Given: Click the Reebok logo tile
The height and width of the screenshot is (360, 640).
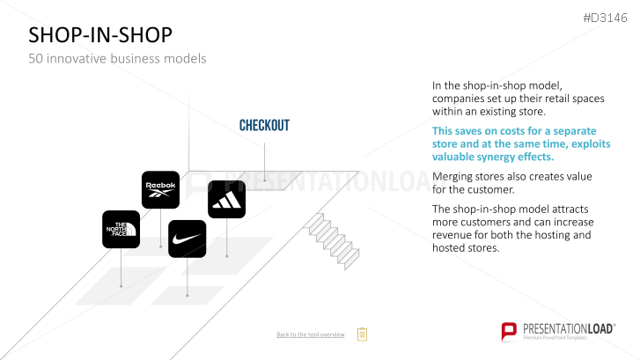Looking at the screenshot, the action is click(x=160, y=190).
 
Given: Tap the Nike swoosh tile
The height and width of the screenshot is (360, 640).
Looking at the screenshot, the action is click(x=187, y=239).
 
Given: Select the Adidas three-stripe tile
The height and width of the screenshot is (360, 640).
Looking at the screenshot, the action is click(x=226, y=199).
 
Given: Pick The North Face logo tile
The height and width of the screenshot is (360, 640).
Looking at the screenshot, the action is click(x=121, y=230).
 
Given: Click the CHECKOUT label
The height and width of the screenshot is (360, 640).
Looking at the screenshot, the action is click(x=264, y=125).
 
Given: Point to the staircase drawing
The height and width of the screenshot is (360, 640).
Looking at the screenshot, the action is click(x=331, y=241).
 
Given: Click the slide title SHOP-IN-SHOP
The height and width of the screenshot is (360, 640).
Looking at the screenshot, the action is click(x=100, y=34).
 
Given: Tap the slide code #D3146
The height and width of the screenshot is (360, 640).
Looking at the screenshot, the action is click(x=605, y=18).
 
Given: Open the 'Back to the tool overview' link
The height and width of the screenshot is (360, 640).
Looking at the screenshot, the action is click(x=310, y=334).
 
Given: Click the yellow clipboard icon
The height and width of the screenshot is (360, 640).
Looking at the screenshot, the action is click(x=362, y=334).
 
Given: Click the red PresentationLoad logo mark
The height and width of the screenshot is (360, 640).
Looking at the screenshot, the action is click(x=509, y=331).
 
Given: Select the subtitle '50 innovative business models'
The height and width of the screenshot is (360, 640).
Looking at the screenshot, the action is click(x=117, y=58).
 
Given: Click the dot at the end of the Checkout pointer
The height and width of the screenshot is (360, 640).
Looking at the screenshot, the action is click(x=264, y=180).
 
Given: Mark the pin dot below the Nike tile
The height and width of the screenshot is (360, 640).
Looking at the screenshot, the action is click(x=188, y=295).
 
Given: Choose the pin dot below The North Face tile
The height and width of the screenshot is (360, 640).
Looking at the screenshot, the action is click(x=121, y=286).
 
